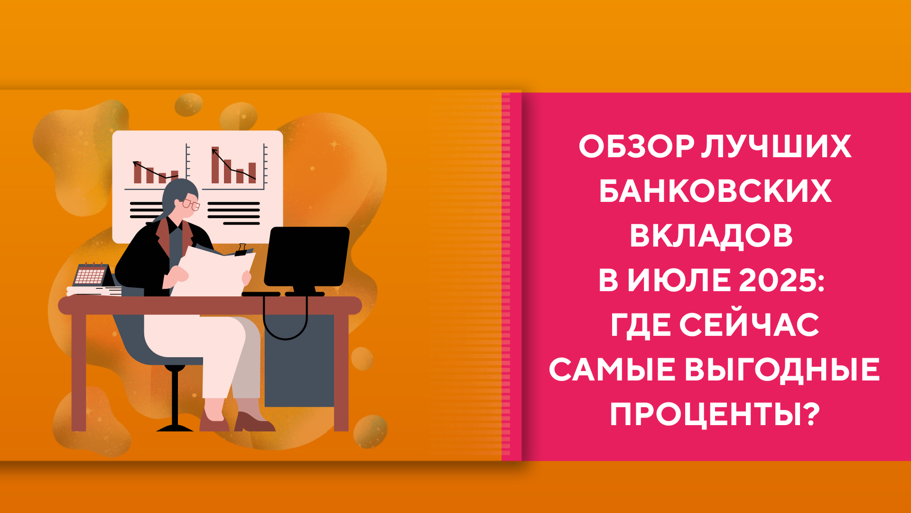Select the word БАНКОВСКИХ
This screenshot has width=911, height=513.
click(715, 191)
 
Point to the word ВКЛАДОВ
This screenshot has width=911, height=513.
click(711, 236)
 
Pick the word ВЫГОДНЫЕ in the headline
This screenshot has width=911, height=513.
click(782, 370)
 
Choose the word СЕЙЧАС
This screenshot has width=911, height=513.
click(749, 325)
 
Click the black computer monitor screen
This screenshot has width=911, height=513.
click(307, 256)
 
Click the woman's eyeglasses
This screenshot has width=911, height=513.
click(192, 204)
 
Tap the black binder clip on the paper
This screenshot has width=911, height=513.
click(242, 250)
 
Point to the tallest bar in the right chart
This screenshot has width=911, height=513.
click(215, 165)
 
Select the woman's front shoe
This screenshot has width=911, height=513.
click(254, 422)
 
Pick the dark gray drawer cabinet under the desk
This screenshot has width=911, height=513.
click(299, 360)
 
